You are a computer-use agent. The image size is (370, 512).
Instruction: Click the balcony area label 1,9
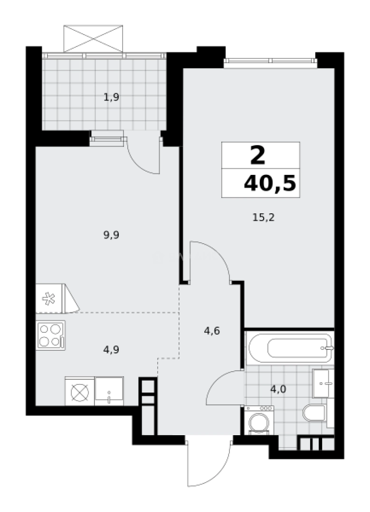click(x=111, y=98)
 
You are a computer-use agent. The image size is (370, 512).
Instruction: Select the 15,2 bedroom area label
click(x=264, y=218)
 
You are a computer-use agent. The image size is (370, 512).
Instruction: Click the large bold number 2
click(x=258, y=155)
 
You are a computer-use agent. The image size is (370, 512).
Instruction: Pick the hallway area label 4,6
click(x=212, y=331)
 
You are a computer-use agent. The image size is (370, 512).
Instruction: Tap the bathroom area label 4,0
click(x=278, y=389)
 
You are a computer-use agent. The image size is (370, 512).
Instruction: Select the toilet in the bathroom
click(x=314, y=413)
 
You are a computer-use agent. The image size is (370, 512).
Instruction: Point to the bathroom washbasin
click(x=323, y=384)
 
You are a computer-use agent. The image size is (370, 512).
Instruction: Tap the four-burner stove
click(x=50, y=335)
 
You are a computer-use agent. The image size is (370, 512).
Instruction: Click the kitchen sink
click(x=109, y=391)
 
